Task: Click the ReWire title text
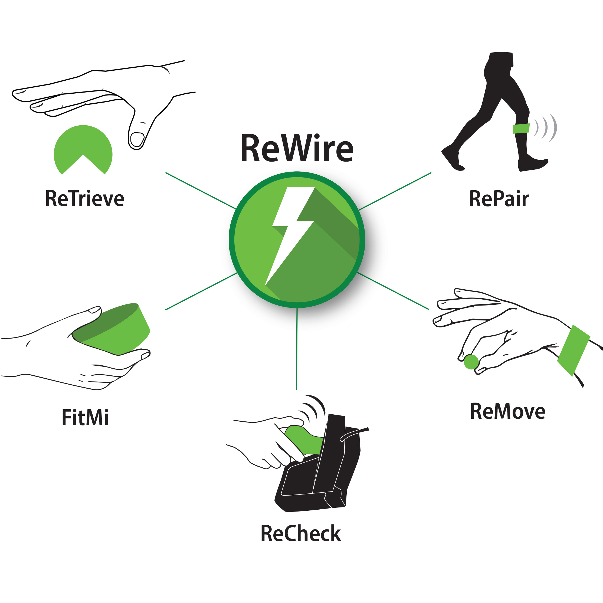(297, 148)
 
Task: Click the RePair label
(499, 199)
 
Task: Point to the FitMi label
(85, 418)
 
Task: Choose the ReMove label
(507, 411)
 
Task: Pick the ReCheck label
(301, 534)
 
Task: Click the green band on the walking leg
(521, 128)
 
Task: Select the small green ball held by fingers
(471, 362)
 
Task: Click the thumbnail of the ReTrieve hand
(137, 139)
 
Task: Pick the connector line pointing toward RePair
(395, 191)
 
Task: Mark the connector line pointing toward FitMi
(201, 291)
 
